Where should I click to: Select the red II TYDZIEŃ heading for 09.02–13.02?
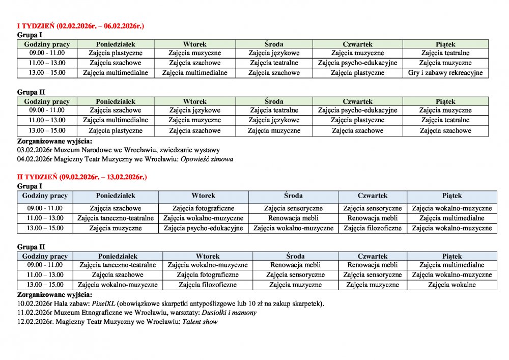pos(82,177)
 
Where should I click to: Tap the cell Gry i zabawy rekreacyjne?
pos(445,73)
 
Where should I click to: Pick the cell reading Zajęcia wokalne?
pos(452,285)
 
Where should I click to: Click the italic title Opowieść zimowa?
pos(211,159)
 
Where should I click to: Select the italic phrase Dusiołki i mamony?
pos(230,313)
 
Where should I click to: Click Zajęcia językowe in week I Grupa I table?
pos(274,53)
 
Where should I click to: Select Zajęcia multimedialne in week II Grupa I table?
pos(452,218)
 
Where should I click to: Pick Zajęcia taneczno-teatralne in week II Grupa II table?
pos(118,265)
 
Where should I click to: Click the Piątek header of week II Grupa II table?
pos(452,256)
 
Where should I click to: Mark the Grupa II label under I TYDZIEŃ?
pos(31,92)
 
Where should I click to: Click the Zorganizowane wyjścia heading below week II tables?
pos(55,294)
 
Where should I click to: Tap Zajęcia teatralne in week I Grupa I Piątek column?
pos(445,53)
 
